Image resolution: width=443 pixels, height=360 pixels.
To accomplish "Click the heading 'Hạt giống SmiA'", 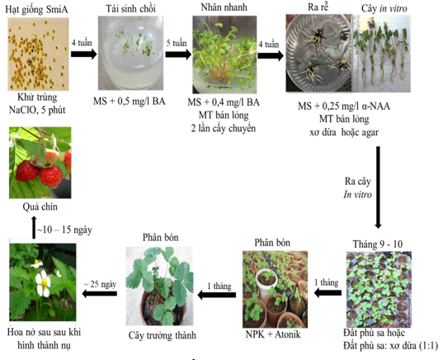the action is click(37, 10).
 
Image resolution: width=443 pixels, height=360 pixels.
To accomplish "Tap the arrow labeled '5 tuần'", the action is click(178, 54).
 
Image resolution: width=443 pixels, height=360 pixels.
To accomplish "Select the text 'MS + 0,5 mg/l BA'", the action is click(130, 102).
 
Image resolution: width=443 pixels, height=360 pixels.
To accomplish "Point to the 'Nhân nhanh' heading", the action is click(224, 7).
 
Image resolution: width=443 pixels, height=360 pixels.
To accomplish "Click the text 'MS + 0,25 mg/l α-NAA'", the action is click(344, 107).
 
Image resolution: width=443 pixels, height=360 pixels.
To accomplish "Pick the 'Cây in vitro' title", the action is click(384, 9).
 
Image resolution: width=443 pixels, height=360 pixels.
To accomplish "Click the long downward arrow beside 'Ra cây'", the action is click(378, 187).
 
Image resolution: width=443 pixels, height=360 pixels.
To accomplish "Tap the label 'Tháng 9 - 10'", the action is click(378, 244).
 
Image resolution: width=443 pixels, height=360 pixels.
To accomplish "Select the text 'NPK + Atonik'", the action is click(273, 334).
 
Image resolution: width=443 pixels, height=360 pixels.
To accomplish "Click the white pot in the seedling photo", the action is click(266, 282).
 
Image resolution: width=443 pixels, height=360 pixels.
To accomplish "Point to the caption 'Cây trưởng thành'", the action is click(163, 336).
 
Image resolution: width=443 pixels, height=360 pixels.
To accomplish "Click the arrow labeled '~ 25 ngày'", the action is click(100, 294).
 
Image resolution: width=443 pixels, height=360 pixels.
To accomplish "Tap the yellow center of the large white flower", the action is click(45, 282).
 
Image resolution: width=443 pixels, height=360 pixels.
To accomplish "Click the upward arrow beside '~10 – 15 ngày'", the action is click(34, 227).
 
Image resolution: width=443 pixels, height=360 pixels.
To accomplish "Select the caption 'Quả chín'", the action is click(40, 207).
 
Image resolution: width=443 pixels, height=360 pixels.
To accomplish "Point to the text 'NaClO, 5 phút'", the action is click(37, 110).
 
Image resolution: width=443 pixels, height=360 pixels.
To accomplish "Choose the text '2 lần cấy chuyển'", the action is click(224, 128).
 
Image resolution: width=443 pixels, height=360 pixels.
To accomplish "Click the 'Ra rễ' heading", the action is click(318, 7).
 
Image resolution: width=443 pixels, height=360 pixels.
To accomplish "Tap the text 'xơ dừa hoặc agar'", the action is click(344, 132).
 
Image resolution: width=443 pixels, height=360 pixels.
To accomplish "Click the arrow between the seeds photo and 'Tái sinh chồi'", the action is click(83, 54).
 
